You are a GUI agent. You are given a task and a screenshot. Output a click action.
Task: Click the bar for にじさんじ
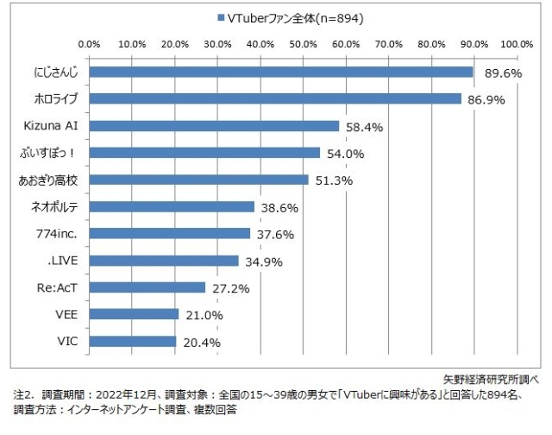281,72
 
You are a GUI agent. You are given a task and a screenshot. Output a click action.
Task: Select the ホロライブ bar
275,99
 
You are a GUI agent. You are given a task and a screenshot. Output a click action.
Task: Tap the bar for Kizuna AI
214,126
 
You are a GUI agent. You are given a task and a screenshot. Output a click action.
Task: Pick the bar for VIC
133,341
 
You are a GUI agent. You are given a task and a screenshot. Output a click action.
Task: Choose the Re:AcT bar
147,287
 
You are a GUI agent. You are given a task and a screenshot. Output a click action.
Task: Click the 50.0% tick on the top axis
303,42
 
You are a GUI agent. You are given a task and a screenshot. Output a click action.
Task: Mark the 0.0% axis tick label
90,42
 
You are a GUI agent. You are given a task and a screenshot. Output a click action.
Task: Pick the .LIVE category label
65,261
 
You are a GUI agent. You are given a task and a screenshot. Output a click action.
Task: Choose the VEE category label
67,314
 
